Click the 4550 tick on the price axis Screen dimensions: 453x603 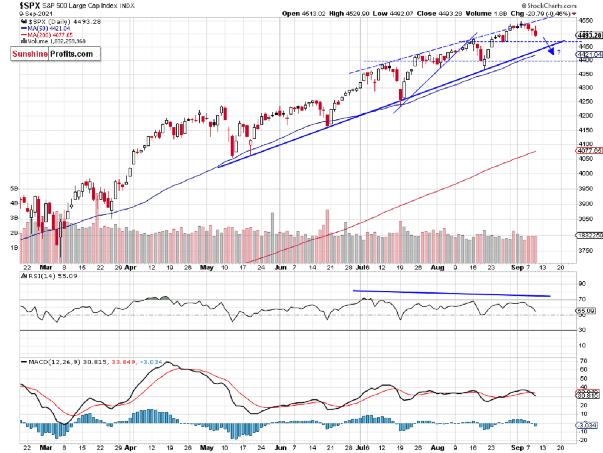585,21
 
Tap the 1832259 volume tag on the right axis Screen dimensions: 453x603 589,235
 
